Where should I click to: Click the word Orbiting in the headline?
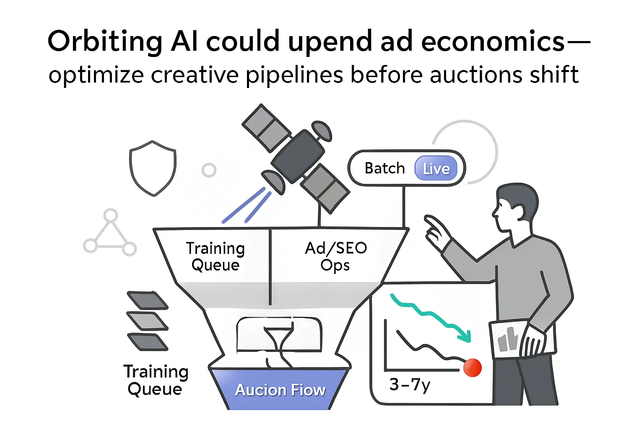(x=105, y=42)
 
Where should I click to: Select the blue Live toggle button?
(x=436, y=168)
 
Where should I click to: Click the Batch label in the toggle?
(x=384, y=168)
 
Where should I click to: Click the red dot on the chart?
(x=473, y=367)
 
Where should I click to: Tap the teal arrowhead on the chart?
(x=465, y=335)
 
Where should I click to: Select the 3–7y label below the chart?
(x=410, y=385)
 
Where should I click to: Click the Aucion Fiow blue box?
(x=280, y=390)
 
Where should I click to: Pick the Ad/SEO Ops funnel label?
(x=336, y=256)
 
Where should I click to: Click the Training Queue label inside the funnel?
(x=215, y=256)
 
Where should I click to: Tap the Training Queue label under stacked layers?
(x=156, y=380)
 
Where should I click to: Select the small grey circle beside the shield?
(x=209, y=170)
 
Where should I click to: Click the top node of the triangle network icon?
(x=110, y=215)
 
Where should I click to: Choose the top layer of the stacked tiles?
(x=147, y=300)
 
